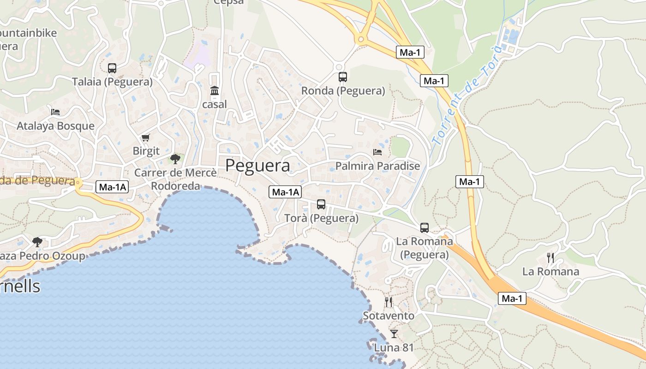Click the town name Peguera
pyautogui.click(x=257, y=166)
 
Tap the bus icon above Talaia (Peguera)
pyautogui.click(x=112, y=68)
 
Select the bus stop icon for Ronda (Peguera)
pyautogui.click(x=342, y=77)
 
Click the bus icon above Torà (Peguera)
pyautogui.click(x=321, y=204)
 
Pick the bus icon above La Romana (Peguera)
pyautogui.click(x=424, y=227)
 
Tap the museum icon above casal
pyautogui.click(x=215, y=91)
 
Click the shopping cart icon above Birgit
pyautogui.click(x=146, y=137)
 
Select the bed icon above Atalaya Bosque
pyautogui.click(x=55, y=112)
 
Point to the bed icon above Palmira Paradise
pyautogui.click(x=377, y=152)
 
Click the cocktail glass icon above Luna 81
pyautogui.click(x=394, y=333)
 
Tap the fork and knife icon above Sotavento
pyautogui.click(x=389, y=302)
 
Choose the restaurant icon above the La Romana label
pyautogui.click(x=550, y=257)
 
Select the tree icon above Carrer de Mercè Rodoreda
pyautogui.click(x=175, y=159)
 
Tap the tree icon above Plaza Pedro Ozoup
pyautogui.click(x=37, y=242)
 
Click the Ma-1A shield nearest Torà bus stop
pyautogui.click(x=285, y=192)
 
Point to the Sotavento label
pyautogui.click(x=389, y=316)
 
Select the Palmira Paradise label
pyautogui.click(x=377, y=166)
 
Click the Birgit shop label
pyautogui.click(x=146, y=151)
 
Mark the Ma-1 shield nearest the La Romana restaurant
pyautogui.click(x=512, y=298)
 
